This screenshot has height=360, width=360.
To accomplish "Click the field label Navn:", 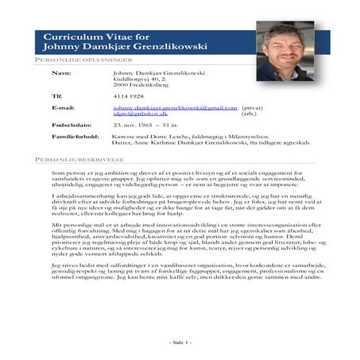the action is [60, 72].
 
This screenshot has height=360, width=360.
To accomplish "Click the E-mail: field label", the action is [63, 106].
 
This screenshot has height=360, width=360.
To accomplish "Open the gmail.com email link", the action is [175, 106].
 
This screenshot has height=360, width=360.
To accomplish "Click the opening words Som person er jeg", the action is [75, 172].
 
